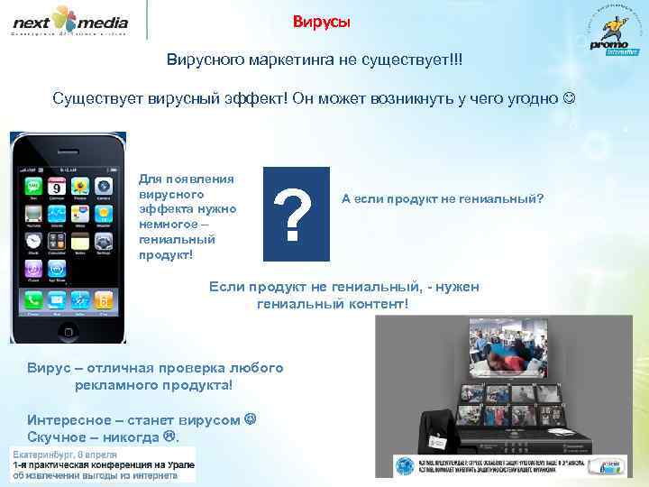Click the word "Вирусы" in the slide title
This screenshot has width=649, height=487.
(322, 22)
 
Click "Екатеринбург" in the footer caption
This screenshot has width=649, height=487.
(46, 452)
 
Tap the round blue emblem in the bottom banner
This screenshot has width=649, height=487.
(404, 465)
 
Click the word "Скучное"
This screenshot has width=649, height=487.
(60, 437)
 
